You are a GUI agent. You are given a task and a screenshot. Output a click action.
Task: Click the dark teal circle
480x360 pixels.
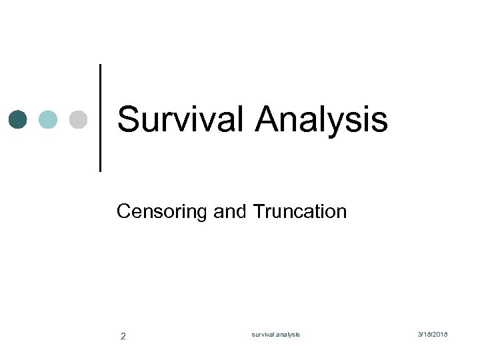click(x=18, y=119)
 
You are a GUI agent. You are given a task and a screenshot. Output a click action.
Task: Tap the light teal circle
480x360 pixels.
click(x=48, y=119)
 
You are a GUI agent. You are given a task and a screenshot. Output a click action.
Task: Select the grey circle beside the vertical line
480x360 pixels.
click(x=78, y=119)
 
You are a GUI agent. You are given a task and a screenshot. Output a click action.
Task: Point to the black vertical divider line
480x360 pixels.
click(x=101, y=118)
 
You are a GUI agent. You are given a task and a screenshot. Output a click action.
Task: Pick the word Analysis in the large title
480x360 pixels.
click(x=321, y=120)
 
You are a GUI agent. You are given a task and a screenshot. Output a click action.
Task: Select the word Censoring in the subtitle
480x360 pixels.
click(x=162, y=212)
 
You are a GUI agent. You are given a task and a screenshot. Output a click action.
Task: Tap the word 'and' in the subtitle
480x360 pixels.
click(x=231, y=212)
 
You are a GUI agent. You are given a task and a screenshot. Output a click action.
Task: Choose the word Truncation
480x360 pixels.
click(x=300, y=212)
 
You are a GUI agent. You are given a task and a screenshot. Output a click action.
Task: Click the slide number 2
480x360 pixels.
click(x=123, y=336)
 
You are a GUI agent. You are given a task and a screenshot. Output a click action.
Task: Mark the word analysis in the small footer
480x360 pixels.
click(x=287, y=334)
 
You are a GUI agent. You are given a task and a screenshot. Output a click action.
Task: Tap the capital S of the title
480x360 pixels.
click(x=129, y=120)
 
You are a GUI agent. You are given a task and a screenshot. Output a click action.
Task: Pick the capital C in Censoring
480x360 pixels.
click(x=123, y=212)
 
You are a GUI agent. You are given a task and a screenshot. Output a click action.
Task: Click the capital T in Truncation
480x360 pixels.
click(x=258, y=212)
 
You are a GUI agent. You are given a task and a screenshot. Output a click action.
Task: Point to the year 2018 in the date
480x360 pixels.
click(x=441, y=334)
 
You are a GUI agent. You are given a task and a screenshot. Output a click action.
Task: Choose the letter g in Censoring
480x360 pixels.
click(x=201, y=214)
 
